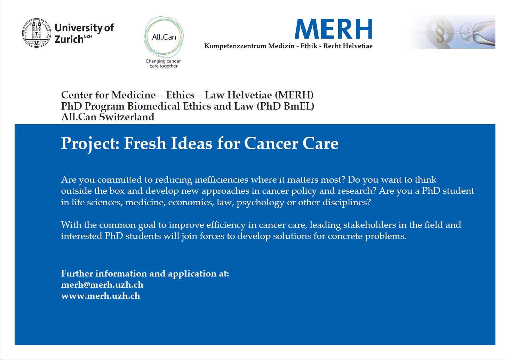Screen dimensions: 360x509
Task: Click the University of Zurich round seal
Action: (37, 33)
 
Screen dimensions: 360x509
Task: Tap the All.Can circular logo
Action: (164, 37)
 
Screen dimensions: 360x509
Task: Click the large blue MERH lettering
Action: (333, 29)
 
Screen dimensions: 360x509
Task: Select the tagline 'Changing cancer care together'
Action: (163, 64)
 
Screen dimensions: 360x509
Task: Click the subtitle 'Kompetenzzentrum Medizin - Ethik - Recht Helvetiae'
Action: (288, 46)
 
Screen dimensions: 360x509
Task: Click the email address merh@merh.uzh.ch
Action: (102, 285)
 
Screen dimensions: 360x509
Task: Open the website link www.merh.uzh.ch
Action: (101, 296)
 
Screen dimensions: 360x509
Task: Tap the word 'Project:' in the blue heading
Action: (90, 144)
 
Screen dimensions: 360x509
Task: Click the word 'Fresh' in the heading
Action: (145, 143)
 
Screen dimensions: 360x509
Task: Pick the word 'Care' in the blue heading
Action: (320, 143)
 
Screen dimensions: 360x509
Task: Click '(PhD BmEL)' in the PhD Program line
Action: (285, 106)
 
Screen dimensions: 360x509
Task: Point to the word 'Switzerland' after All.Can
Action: (127, 117)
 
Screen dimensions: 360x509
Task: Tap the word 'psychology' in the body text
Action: (260, 202)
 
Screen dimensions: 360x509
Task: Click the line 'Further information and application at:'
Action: (145, 274)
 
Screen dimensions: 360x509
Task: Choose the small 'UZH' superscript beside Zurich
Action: (88, 36)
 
